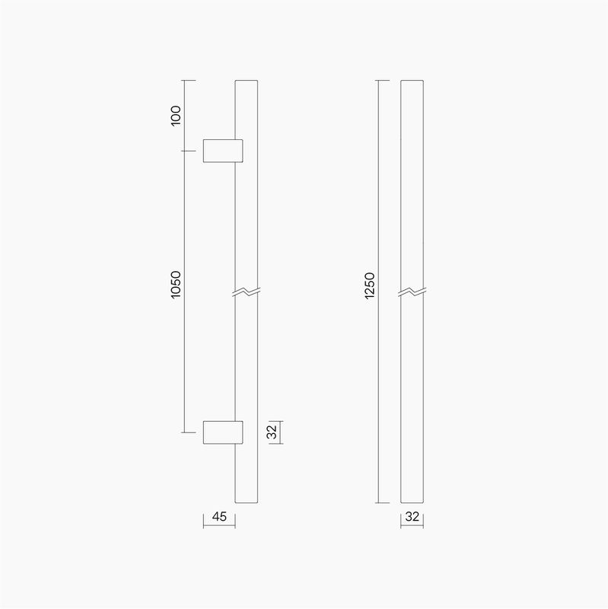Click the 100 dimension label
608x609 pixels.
click(176, 116)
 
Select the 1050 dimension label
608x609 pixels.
click(176, 285)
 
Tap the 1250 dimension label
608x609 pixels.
click(370, 286)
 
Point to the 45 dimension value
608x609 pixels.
click(219, 517)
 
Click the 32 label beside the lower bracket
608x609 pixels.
click(272, 432)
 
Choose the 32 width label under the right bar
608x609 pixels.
click(412, 517)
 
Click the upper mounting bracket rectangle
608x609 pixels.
click(223, 151)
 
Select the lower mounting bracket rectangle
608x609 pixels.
click(223, 432)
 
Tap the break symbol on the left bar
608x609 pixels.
click(247, 292)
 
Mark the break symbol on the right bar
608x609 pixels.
click(412, 292)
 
